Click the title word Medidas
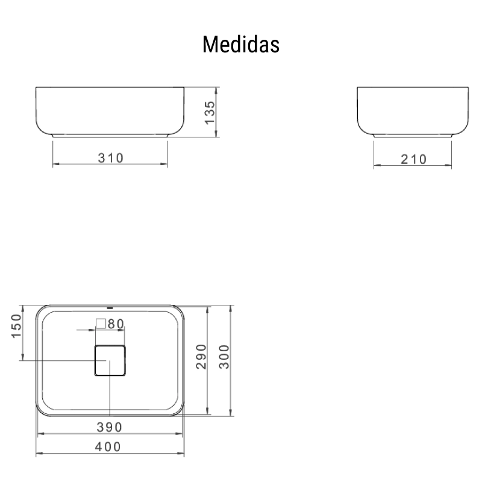[241, 45]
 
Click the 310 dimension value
[111, 158]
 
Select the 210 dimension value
[413, 159]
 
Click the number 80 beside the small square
[116, 324]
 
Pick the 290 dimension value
[201, 356]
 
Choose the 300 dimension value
[224, 357]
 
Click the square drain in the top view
[110, 360]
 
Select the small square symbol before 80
[101, 324]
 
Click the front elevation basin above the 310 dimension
[110, 111]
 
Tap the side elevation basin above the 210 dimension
[413, 111]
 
